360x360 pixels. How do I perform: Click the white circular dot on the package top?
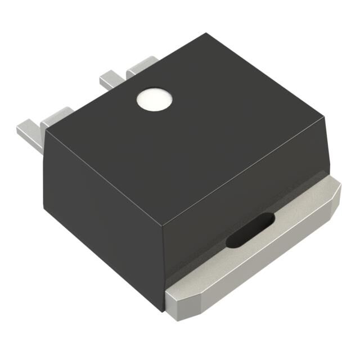pos(154,100)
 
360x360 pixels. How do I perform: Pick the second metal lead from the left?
pos(56,115)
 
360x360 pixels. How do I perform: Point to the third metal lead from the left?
pos(110,79)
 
